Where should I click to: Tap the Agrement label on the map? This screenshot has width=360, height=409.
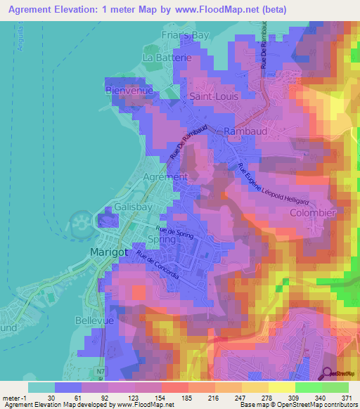coord(165,177)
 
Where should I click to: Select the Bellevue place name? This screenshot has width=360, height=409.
coord(94,319)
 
